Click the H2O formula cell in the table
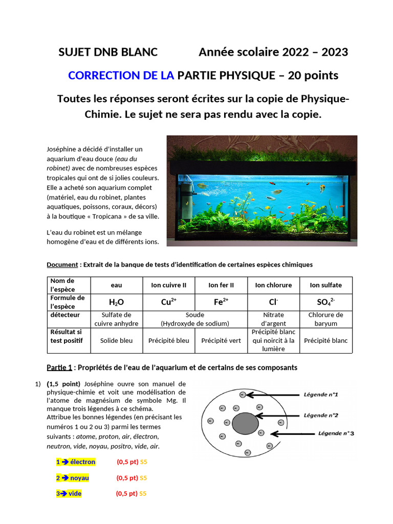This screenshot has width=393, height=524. point(116,302)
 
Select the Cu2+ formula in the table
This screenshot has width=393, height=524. point(169,302)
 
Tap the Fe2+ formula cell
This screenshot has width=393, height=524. point(221,302)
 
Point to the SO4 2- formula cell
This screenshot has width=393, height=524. point(325,302)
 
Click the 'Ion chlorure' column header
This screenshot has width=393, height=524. point(273,285)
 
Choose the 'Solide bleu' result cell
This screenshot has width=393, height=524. point(116,340)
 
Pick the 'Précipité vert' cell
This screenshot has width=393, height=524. point(221,340)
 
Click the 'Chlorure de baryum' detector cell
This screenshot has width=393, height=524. point(325,319)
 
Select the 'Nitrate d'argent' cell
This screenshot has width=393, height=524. point(273,319)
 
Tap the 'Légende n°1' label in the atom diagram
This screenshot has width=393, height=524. point(321,395)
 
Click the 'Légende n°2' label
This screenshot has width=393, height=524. point(321,415)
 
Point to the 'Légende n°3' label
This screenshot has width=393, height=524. point(336,433)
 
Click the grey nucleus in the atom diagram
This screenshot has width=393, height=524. point(245,424)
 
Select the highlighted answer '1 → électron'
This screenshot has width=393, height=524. point(76,462)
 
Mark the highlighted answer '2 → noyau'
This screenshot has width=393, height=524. point(73,478)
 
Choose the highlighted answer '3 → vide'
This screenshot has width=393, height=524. point(69,494)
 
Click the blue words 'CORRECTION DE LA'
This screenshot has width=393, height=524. point(121,76)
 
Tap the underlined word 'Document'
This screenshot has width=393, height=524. point(61,265)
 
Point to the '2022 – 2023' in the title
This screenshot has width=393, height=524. point(318,52)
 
